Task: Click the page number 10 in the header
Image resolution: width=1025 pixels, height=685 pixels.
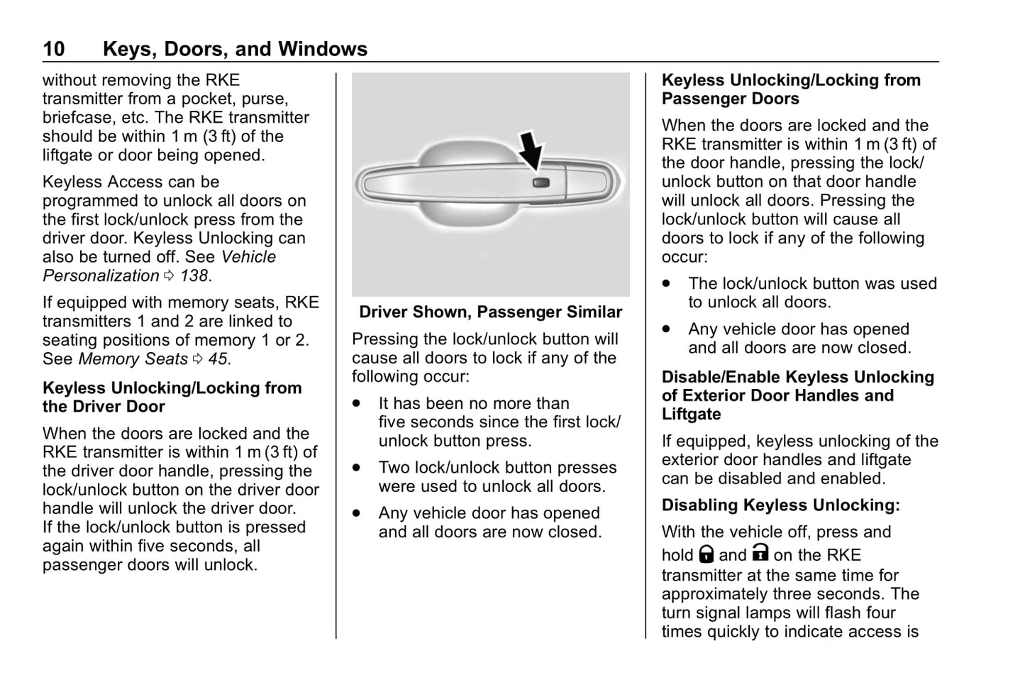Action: pos(54,49)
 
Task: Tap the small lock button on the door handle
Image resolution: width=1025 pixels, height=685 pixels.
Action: pos(541,183)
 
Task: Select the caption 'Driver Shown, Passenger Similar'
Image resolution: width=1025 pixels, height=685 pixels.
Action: pos(490,312)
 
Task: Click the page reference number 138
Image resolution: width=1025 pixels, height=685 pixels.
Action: pos(194,276)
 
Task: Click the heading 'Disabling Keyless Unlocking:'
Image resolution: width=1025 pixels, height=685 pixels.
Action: pos(780,505)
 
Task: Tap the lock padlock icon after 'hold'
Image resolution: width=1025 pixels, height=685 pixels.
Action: pos(706,554)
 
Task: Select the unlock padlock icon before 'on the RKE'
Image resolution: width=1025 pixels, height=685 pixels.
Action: pos(760,553)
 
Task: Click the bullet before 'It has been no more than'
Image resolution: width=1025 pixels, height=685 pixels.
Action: pos(357,403)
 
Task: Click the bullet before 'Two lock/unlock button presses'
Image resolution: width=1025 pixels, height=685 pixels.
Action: pos(357,468)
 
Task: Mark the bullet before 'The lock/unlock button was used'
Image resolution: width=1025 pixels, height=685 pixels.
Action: pos(666,283)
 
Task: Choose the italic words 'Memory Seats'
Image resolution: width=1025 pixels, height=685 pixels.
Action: pos(133,359)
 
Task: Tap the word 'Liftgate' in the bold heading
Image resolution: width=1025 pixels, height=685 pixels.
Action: pos(691,415)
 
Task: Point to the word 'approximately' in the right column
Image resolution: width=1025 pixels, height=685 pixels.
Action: pos(714,594)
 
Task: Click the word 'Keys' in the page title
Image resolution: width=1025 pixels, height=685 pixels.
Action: pos(127,49)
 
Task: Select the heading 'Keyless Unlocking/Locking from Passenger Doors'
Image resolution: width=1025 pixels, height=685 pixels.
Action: pos(790,89)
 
